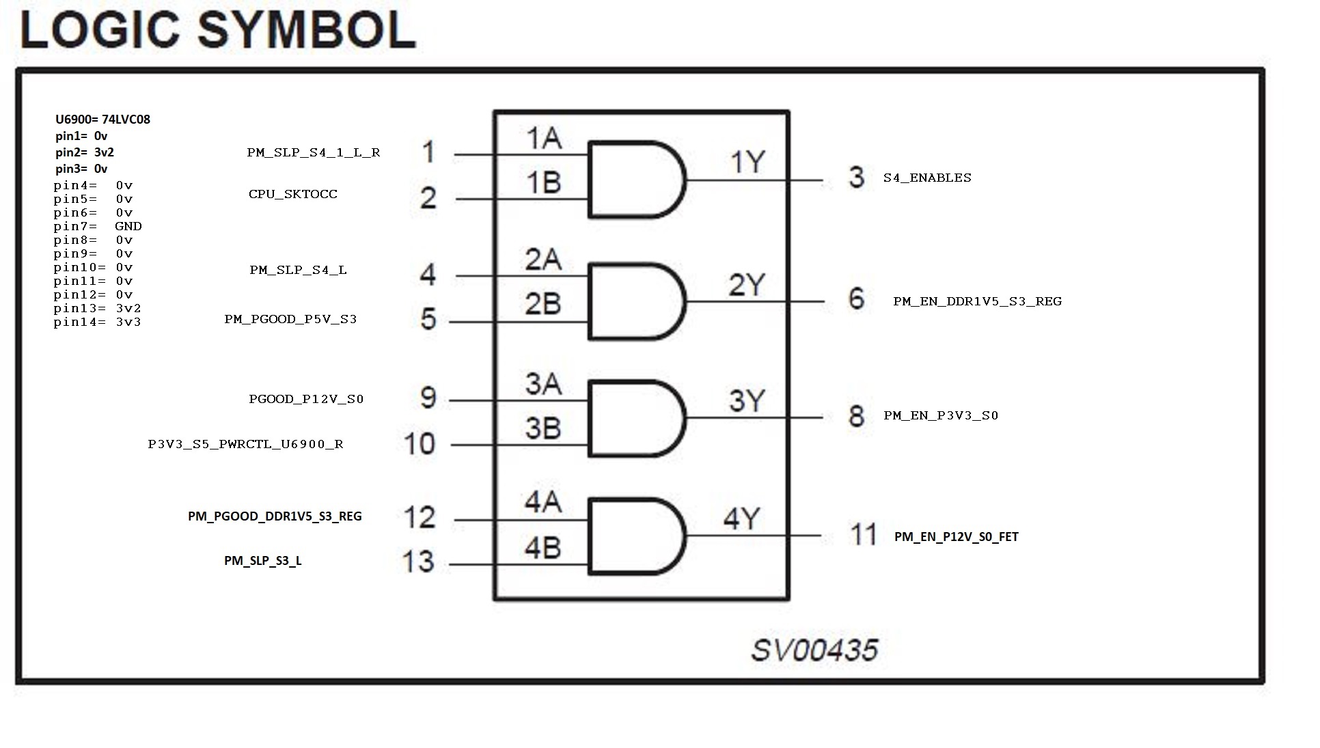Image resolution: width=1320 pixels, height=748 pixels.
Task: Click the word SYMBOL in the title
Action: [307, 31]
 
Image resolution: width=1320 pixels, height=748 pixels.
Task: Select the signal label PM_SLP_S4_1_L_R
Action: [314, 152]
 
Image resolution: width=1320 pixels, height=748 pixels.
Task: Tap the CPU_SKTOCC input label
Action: [293, 194]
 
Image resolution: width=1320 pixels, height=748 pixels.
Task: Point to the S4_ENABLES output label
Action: [927, 178]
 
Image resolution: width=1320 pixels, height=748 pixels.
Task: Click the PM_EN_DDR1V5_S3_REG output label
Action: [977, 301]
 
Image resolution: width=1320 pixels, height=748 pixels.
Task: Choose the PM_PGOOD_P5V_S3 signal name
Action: [290, 319]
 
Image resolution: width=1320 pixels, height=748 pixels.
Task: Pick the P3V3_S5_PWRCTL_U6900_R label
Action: [246, 444]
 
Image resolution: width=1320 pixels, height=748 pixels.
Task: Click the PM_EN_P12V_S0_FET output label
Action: [957, 537]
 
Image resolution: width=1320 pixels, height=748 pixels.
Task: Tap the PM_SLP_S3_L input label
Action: [263, 561]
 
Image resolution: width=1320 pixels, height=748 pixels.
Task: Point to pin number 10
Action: [420, 444]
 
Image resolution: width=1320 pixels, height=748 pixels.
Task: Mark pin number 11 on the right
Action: [864, 534]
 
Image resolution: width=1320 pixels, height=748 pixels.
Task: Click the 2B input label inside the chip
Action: [543, 304]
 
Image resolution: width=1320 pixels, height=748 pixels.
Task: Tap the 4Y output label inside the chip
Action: [742, 519]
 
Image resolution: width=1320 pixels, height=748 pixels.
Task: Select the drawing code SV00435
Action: [814, 650]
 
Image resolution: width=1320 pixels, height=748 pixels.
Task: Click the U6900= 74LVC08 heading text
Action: [102, 120]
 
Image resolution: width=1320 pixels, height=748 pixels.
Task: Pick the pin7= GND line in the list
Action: [98, 226]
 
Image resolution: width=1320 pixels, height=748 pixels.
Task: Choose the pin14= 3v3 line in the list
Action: [97, 322]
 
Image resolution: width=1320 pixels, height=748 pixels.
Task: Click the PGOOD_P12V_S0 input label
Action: [306, 399]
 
